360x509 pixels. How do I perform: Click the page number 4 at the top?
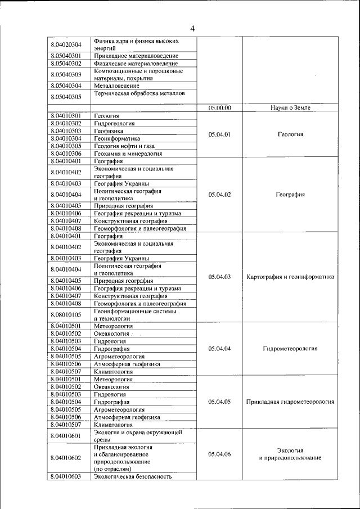pos(192,29)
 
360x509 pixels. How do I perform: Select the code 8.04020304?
pos(66,45)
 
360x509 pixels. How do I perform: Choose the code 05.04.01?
pos(219,134)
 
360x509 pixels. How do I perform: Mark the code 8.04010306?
pos(66,153)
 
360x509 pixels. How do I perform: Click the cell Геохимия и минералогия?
pos(128,153)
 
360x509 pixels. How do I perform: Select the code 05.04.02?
pos(219,195)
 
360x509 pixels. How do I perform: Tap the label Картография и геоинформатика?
pos(290,277)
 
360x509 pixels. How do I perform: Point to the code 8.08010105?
pos(66,314)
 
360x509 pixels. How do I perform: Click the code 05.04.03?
pos(219,277)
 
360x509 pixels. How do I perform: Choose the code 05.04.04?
pos(219,349)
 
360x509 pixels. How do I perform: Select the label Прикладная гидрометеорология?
pos(290,402)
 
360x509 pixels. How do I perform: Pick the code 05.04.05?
pos(219,402)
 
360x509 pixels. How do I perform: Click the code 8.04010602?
pos(66,458)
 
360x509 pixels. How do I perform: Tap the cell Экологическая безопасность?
pos(132,476)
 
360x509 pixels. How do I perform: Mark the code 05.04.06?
pos(219,454)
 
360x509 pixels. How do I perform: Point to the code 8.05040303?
pos(66,75)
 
